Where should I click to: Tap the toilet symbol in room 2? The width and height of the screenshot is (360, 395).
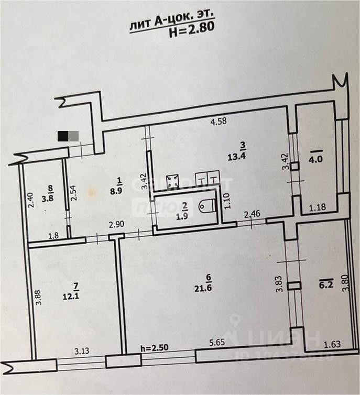[206, 207]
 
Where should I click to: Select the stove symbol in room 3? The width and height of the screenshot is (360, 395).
[173, 182]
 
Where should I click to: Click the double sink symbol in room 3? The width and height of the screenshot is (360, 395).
[206, 180]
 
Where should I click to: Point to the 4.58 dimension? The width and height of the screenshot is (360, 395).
[218, 123]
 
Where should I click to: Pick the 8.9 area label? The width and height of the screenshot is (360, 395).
[119, 190]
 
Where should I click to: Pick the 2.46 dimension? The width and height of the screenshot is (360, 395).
[252, 214]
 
